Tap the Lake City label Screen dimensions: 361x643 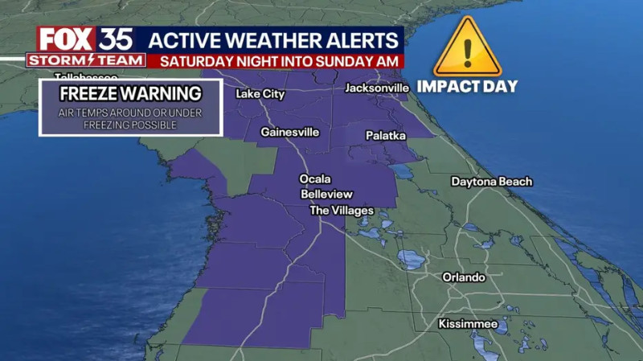pos(260,94)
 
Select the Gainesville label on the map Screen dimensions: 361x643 pos(289,132)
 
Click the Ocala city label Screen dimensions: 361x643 pos(315,178)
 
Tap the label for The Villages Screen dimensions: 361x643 pos(342,211)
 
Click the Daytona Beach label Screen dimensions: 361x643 pos(491,182)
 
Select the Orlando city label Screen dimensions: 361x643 pos(464,277)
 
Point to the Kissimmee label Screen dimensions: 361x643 pos(468,324)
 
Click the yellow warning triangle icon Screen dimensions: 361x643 pos(467,49)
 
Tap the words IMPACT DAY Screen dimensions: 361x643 pos(467,86)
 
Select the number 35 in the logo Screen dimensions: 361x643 pos(117,39)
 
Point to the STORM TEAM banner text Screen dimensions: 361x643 pos(86,59)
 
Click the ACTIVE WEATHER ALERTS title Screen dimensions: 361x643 pos(275,39)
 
